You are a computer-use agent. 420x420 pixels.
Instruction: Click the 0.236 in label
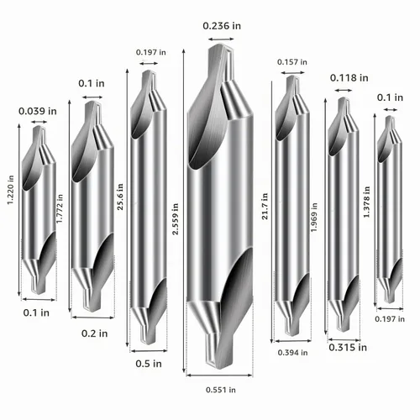tap(222, 26)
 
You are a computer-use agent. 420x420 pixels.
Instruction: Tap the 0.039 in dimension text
tap(38, 111)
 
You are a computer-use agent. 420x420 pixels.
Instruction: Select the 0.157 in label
tap(292, 62)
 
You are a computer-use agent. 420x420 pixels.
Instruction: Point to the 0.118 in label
tap(349, 78)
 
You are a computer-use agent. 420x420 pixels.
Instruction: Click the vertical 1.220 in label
tap(10, 190)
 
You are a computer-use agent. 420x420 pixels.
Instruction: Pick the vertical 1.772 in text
tap(60, 208)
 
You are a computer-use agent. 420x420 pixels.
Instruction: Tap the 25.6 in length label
tap(120, 197)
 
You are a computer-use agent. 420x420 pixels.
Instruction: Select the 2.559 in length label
tap(175, 219)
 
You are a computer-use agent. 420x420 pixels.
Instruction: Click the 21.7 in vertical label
tap(265, 206)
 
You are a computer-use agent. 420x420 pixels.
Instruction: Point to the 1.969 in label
tap(314, 218)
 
